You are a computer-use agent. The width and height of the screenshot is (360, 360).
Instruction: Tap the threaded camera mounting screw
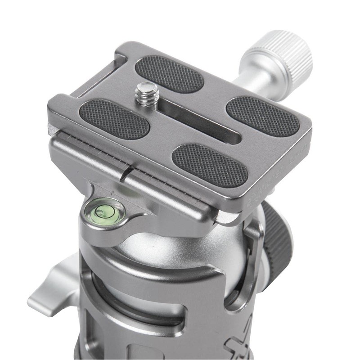pos(146,93)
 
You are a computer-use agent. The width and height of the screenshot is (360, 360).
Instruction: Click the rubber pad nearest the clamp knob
pos(169,74)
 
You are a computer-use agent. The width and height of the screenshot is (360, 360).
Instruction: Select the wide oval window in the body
pos(139,306)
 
